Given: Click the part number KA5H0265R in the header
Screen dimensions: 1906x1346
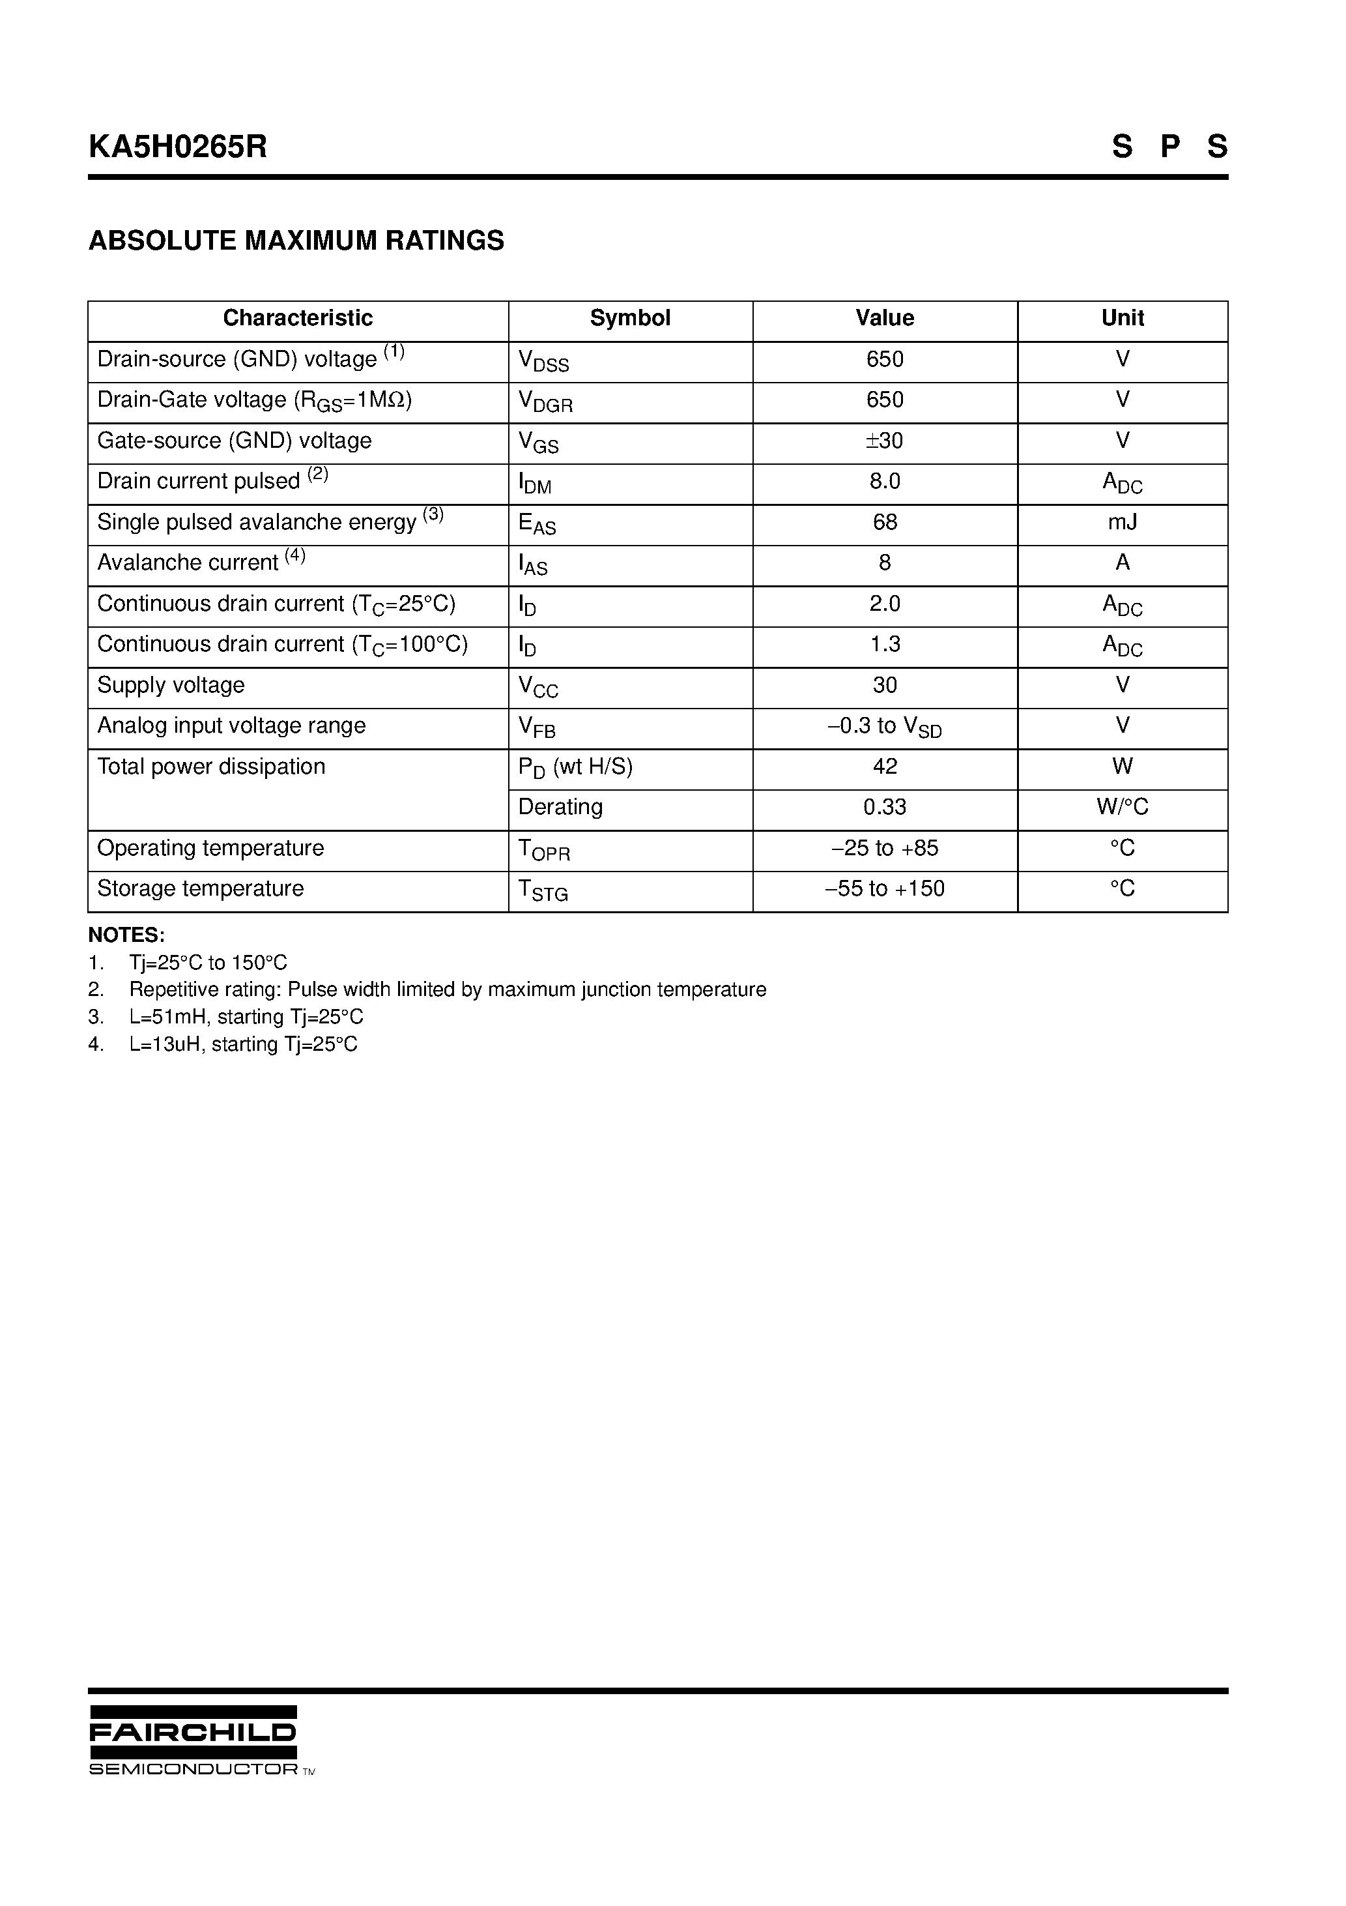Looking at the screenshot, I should point(178,147).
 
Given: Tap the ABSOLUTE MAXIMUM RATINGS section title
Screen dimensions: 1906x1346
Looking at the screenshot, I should point(296,241).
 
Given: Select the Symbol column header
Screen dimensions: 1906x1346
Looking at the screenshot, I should point(630,318).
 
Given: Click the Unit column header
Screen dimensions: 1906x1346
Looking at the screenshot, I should point(1122,318).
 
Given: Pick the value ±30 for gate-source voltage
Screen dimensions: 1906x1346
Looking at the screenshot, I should point(885,441).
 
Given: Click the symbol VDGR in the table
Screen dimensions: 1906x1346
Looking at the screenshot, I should point(545,402).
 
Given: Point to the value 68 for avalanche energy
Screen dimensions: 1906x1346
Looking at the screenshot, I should point(885,522).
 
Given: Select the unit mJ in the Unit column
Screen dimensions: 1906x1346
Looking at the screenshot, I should point(1122,522).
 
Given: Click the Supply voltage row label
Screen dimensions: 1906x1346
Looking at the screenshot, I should point(171,686).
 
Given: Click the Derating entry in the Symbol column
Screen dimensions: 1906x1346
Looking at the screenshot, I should point(560,807).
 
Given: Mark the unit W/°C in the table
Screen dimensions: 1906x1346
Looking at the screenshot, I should point(1122,807).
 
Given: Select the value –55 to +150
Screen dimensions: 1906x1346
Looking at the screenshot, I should point(885,889).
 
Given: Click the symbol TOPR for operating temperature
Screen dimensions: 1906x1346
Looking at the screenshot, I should point(543,849).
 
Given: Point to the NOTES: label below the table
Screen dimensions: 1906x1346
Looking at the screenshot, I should point(126,935).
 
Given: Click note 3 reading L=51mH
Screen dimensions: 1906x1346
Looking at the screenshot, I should point(246,1017).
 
